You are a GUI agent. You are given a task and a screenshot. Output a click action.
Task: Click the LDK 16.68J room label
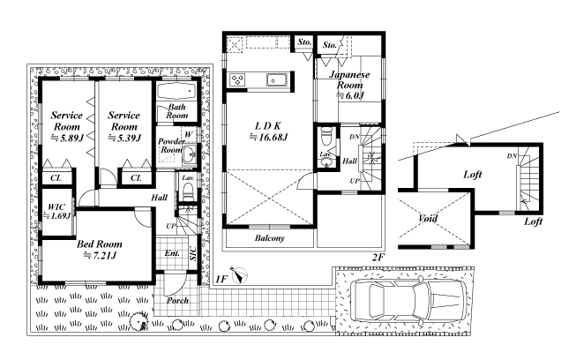click(x=268, y=131)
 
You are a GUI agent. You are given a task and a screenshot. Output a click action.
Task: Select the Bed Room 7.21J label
click(x=100, y=250)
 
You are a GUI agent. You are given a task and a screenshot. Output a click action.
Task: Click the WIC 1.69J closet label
click(x=56, y=211)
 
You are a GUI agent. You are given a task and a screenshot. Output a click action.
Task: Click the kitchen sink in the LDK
click(x=277, y=79)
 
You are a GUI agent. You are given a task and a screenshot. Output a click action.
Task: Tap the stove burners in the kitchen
click(x=237, y=79)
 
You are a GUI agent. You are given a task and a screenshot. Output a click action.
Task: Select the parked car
click(x=408, y=300)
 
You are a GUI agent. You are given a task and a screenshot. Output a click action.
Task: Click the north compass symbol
click(x=239, y=276)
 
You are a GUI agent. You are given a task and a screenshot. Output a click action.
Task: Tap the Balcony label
click(x=270, y=237)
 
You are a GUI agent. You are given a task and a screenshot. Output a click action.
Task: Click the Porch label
click(x=177, y=300)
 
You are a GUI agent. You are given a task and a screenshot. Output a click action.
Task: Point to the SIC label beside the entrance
click(x=193, y=253)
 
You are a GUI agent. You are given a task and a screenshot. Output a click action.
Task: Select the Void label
click(x=427, y=218)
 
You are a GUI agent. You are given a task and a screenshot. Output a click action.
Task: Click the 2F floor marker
click(x=378, y=257)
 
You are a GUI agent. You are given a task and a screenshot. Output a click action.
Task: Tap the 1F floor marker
click(x=221, y=279)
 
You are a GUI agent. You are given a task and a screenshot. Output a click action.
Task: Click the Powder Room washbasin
click(x=189, y=153)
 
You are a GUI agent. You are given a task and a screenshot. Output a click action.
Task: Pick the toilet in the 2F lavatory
click(x=326, y=137)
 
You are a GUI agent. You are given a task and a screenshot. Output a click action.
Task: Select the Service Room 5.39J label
click(x=124, y=126)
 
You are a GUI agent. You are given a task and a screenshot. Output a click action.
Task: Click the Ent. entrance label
click(x=172, y=253)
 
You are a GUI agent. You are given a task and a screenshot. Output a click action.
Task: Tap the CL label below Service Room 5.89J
click(x=56, y=177)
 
